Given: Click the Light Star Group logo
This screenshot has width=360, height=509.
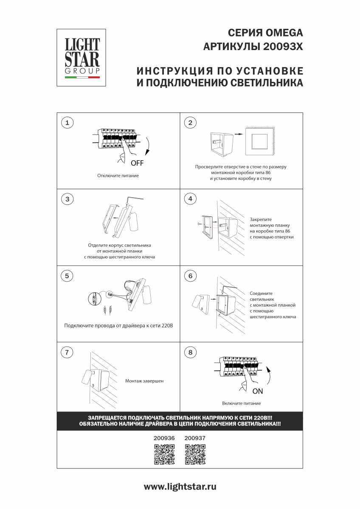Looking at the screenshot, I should click(82, 57).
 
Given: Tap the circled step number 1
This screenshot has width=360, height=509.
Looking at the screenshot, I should click(67, 123).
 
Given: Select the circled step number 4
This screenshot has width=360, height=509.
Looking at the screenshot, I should click(190, 199).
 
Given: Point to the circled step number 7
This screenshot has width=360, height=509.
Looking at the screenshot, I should click(67, 352).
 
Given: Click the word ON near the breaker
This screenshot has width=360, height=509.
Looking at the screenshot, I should click(258, 391).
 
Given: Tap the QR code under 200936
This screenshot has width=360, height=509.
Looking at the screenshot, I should click(164, 454).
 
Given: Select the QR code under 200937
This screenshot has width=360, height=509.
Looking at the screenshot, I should click(195, 454).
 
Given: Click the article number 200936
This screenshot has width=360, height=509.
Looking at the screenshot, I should click(164, 439).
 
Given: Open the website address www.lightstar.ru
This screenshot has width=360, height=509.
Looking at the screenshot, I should click(180, 487).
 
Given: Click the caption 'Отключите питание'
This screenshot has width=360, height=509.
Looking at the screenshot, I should click(118, 176).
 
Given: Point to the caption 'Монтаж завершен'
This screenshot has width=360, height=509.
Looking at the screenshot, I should click(144, 381).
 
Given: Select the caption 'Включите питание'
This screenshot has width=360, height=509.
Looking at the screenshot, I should click(241, 403).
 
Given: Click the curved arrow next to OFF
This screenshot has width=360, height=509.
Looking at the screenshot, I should click(147, 146).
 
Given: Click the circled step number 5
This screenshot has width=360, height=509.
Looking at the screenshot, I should click(67, 276).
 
